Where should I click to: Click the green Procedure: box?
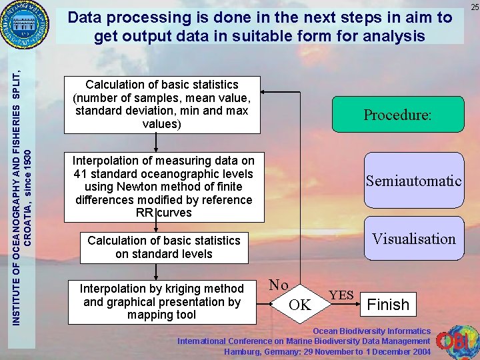point(397,115)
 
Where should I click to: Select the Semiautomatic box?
point(413,181)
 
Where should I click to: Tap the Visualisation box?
point(413,239)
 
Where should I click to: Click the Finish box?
point(389,305)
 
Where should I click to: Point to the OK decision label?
point(300,305)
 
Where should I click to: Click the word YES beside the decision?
point(341,294)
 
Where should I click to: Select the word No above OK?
point(279,285)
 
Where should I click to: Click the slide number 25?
point(474,7)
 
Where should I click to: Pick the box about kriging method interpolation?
point(161,301)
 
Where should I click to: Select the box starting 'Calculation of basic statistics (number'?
point(161,104)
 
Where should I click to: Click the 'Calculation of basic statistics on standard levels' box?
point(163,247)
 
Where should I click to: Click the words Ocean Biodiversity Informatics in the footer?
point(372,331)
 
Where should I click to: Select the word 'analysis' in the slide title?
point(393,35)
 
